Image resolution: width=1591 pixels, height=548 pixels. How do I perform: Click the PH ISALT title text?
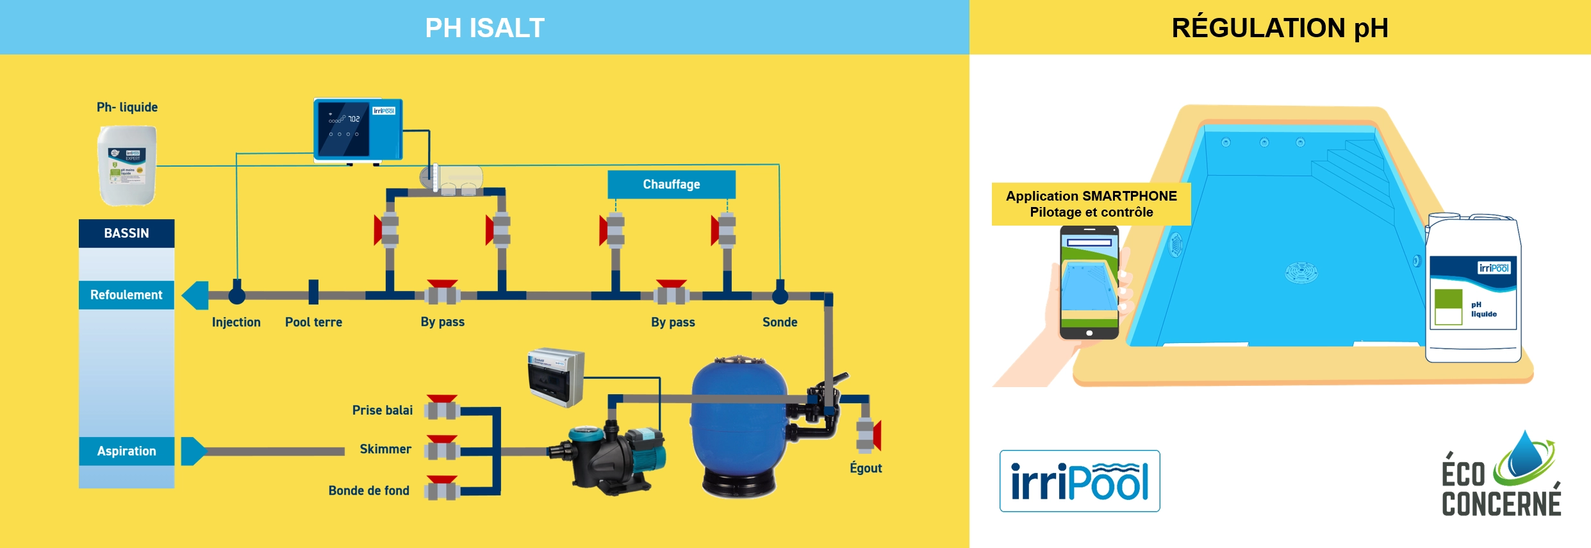(484, 28)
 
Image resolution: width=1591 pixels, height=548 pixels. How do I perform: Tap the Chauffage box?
(671, 185)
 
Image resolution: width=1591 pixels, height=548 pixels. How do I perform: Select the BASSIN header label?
(126, 233)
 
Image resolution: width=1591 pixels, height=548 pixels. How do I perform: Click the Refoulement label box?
(126, 295)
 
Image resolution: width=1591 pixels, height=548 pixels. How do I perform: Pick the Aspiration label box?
(126, 451)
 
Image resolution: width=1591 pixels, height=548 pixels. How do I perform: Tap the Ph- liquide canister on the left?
(127, 165)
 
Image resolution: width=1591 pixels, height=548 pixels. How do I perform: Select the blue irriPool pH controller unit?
(358, 129)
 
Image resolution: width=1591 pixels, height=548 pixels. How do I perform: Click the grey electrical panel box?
(556, 378)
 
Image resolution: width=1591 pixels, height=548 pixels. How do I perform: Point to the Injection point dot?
(237, 295)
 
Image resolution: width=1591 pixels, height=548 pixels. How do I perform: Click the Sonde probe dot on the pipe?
(780, 295)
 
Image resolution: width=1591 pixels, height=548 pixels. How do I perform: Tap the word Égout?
(866, 468)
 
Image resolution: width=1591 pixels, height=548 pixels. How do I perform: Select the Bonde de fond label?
(368, 491)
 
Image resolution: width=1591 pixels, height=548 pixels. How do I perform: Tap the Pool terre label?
(313, 322)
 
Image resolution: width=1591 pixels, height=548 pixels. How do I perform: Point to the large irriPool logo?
(1080, 481)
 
